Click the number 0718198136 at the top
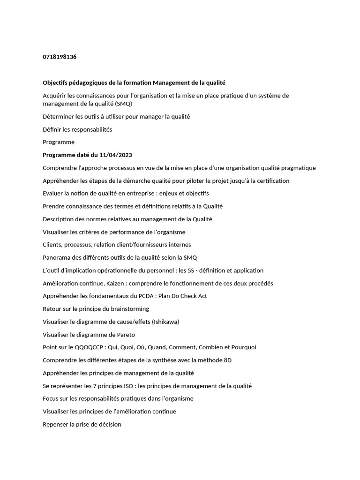[60, 57]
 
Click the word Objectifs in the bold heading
[55, 82]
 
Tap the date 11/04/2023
[117, 155]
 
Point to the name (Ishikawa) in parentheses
[165, 322]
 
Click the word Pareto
[123, 335]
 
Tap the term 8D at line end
[228, 360]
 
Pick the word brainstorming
[127, 309]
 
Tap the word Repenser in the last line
[55, 424]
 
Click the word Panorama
[56, 258]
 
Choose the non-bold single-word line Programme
[59, 142]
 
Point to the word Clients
[52, 245]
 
